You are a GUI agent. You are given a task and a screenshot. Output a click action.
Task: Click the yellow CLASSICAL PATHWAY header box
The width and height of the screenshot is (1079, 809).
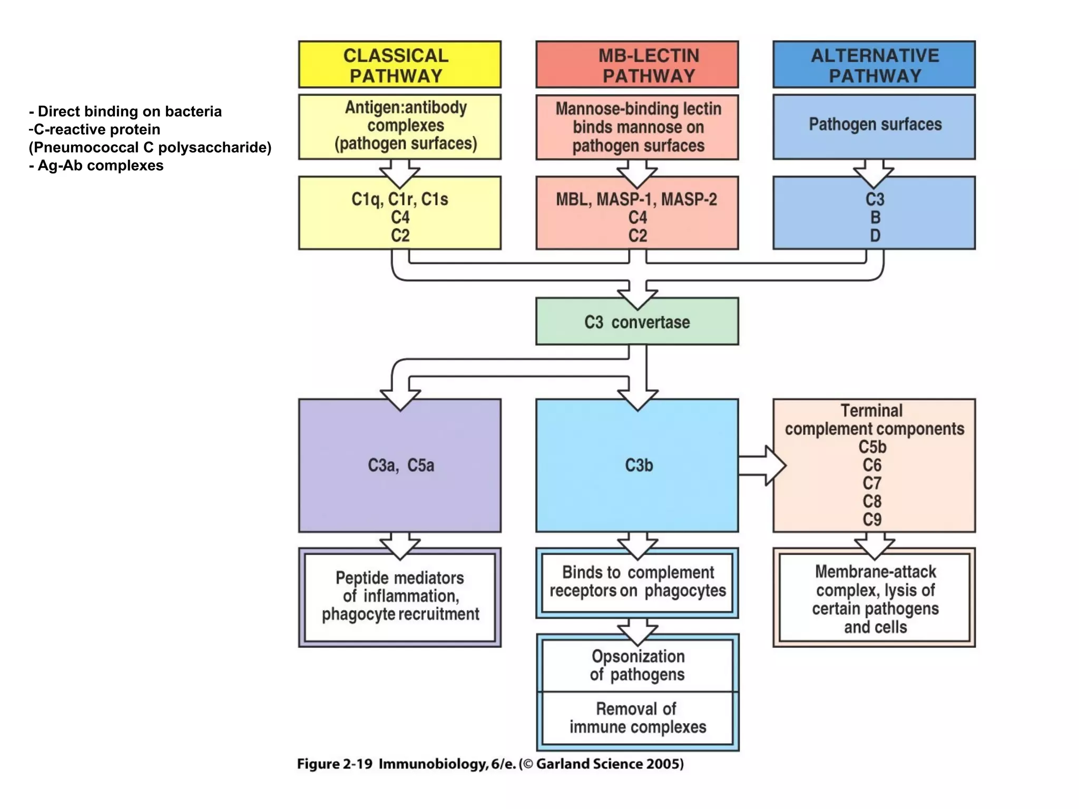pyautogui.click(x=399, y=65)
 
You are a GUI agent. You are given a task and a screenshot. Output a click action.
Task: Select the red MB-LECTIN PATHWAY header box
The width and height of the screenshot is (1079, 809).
pyautogui.click(x=637, y=65)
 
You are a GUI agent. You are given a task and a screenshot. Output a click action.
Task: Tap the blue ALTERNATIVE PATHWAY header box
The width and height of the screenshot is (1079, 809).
pyautogui.click(x=874, y=65)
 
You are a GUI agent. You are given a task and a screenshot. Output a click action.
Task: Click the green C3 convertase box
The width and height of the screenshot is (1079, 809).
pyautogui.click(x=637, y=322)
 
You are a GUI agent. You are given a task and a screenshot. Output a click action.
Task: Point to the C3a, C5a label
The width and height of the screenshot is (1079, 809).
pyautogui.click(x=400, y=466)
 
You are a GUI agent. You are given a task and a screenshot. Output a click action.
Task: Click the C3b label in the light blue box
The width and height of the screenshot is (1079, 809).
pyautogui.click(x=639, y=466)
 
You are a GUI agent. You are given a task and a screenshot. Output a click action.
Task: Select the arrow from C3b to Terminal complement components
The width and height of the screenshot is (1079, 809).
pyautogui.click(x=761, y=466)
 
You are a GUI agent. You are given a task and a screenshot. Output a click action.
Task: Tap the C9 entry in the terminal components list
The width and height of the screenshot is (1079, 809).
pyautogui.click(x=872, y=520)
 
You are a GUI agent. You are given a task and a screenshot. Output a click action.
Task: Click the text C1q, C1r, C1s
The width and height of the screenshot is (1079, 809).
pyautogui.click(x=399, y=200)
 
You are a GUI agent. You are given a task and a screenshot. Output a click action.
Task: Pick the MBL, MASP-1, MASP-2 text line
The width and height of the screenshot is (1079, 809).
pyautogui.click(x=636, y=200)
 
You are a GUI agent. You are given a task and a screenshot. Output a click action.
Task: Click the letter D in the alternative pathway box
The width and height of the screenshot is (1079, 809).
pyautogui.click(x=875, y=235)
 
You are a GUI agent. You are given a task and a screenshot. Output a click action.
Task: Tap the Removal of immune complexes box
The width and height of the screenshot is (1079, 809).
pyautogui.click(x=637, y=718)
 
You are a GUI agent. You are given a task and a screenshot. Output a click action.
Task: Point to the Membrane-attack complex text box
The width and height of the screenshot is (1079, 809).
pyautogui.click(x=875, y=599)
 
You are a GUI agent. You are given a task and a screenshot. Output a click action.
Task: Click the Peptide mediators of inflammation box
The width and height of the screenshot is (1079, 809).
pyautogui.click(x=400, y=596)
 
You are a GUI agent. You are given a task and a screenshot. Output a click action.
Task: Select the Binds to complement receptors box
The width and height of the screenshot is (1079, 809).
pyautogui.click(x=637, y=582)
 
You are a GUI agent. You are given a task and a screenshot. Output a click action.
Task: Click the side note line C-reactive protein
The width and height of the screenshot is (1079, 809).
pyautogui.click(x=95, y=130)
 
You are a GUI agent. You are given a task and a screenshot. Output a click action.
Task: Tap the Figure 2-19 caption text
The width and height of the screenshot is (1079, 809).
pyautogui.click(x=490, y=764)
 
